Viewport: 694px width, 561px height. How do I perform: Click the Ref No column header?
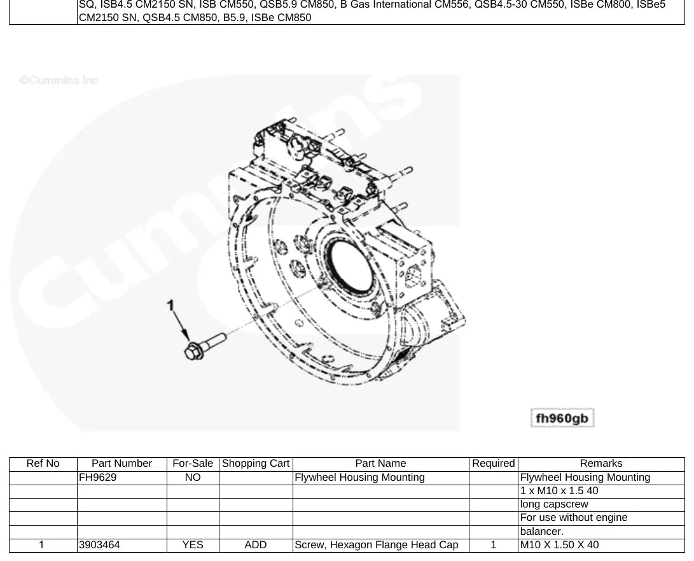point(43,464)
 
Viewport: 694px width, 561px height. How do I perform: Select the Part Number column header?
point(121,464)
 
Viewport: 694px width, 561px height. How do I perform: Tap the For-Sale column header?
point(193,464)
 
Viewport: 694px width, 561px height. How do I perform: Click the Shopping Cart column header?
point(256,464)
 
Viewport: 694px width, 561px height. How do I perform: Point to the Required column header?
point(494,464)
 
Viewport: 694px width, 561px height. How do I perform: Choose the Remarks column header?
point(601,464)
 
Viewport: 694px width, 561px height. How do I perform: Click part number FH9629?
point(98,477)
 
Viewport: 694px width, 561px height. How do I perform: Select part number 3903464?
point(100,544)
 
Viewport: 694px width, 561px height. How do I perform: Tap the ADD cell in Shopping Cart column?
point(256,544)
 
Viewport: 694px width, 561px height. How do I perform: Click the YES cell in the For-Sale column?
point(193,544)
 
